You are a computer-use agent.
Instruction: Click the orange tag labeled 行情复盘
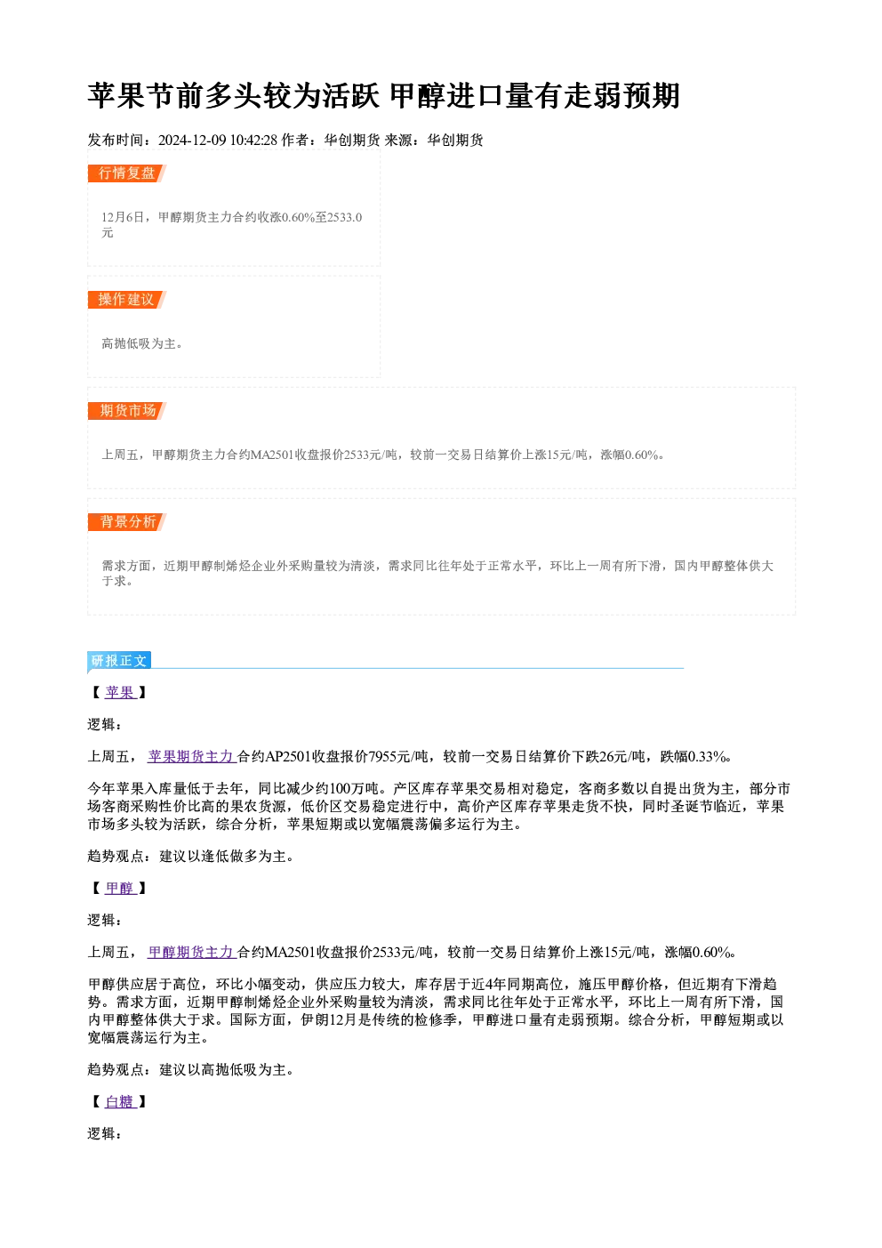127,173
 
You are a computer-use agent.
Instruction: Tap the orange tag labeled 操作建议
127,300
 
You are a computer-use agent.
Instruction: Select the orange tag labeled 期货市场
127,411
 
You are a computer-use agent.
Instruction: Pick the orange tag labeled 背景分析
127,522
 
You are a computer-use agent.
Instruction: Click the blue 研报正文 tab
119,661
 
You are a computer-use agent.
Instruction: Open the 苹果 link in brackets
120,693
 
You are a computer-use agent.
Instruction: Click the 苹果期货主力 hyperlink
190,756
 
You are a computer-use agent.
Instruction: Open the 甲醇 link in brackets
120,888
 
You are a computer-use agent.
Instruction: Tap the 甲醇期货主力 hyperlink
190,952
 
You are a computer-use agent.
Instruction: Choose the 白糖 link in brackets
120,1101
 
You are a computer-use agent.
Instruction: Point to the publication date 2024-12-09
192,140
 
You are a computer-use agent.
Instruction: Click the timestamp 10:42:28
253,140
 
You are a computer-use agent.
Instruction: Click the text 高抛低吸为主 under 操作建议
139,343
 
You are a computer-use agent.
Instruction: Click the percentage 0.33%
707,757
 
